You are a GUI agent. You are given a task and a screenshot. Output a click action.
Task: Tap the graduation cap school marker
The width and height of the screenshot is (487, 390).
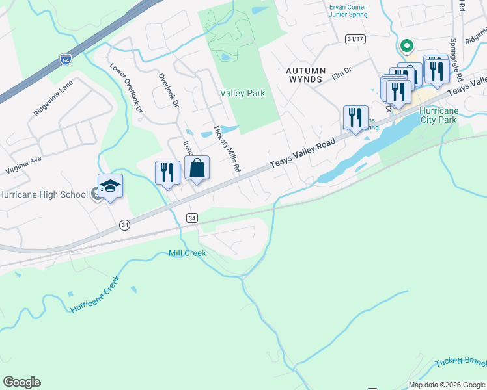tap(110, 187)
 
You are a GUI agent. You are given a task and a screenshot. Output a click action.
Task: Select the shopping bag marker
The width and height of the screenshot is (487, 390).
tap(197, 169)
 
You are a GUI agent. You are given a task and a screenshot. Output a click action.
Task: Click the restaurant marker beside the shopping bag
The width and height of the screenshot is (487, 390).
tap(167, 173)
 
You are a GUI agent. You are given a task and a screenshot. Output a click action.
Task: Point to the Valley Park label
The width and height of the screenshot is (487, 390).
tap(242, 93)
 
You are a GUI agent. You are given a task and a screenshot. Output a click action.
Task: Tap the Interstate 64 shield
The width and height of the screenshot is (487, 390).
tap(65, 59)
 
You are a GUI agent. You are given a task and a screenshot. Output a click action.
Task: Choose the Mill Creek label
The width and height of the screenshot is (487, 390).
tap(187, 253)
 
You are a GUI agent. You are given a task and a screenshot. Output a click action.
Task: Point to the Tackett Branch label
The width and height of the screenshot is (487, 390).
tap(463, 361)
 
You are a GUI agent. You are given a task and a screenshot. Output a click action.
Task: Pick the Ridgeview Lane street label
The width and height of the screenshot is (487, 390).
tap(54, 98)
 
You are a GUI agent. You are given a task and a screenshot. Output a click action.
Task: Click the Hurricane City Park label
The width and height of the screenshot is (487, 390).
tap(439, 114)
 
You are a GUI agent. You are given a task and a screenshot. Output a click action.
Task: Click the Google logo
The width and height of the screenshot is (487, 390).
tap(21, 382)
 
